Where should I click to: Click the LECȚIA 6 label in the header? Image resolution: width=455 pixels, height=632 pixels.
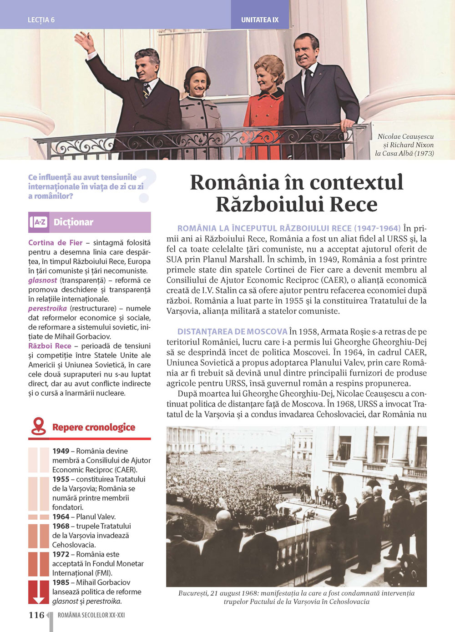point(41,20)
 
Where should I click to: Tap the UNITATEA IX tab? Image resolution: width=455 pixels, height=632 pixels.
point(259,20)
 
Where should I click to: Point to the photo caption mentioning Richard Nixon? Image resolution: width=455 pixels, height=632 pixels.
point(405,145)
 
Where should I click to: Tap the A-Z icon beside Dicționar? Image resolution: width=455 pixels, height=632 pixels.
point(40,222)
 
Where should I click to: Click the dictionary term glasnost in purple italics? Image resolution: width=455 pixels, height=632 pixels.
point(42,281)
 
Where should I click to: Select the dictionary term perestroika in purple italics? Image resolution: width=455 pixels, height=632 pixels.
point(47,309)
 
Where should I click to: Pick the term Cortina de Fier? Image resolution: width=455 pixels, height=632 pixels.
point(55,243)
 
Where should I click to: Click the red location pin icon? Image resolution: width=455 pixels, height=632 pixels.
point(39,426)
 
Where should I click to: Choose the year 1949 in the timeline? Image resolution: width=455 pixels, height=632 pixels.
point(61,451)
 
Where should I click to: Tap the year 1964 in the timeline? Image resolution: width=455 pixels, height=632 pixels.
point(61,517)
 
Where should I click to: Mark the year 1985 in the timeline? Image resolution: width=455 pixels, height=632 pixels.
point(61,582)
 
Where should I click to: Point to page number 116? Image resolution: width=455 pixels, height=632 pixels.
point(36,615)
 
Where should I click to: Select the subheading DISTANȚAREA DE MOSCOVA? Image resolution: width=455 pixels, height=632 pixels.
point(232,332)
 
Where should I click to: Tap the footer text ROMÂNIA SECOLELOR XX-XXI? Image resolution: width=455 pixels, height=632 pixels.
point(91,615)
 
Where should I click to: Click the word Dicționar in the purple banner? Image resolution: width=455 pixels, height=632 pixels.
point(73,222)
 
